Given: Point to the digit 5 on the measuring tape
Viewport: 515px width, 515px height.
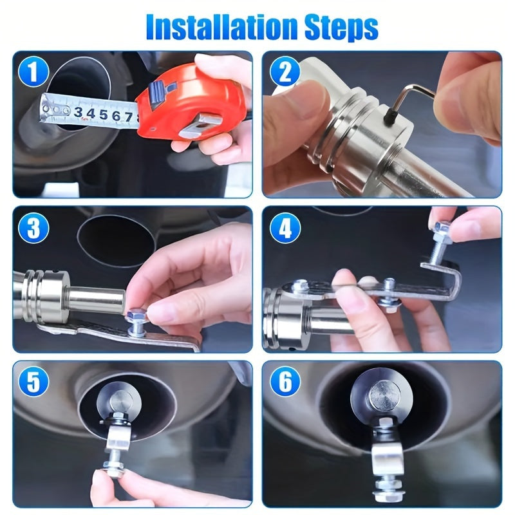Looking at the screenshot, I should (98, 115).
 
